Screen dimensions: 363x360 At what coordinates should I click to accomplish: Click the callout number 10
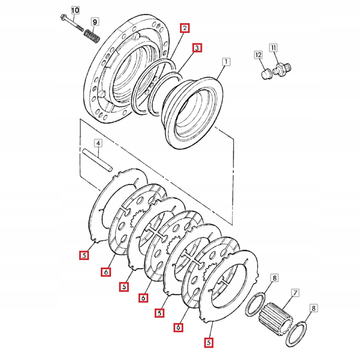(x=74, y=10)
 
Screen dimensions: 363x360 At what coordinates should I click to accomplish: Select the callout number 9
(x=95, y=22)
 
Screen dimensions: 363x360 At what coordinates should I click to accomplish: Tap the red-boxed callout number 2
(x=185, y=28)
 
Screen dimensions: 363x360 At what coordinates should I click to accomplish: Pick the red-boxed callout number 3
(x=197, y=48)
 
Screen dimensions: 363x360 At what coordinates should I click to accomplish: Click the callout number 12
(x=258, y=54)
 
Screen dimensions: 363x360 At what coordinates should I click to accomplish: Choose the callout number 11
(x=273, y=49)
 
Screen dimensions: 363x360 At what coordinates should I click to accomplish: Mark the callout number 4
(x=98, y=143)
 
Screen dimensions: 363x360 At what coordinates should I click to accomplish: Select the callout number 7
(x=295, y=293)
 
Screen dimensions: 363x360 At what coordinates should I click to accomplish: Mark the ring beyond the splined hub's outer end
(x=297, y=335)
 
